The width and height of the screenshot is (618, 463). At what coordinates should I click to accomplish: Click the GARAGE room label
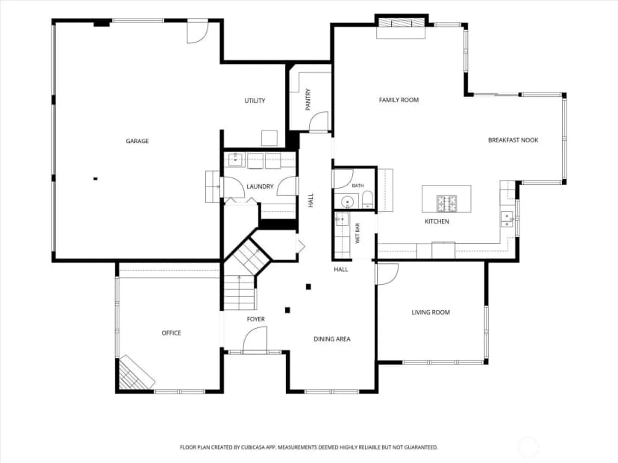click(137, 141)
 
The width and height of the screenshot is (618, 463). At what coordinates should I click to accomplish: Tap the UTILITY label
click(255, 101)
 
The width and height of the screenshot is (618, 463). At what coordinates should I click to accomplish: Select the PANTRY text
click(308, 100)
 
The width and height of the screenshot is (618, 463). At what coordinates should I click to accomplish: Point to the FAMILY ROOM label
click(399, 100)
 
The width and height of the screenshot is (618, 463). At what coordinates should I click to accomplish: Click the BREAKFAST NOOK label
click(514, 140)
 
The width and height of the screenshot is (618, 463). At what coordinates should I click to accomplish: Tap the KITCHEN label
click(437, 221)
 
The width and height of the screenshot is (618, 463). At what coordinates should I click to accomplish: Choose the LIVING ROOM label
click(431, 312)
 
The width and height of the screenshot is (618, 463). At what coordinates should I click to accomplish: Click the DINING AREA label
click(332, 339)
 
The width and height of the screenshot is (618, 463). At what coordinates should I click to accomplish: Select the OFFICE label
click(172, 333)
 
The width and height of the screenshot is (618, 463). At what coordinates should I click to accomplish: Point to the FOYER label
click(256, 319)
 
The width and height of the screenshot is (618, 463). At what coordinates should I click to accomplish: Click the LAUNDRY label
click(260, 186)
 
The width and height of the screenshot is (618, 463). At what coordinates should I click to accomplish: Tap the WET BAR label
click(358, 233)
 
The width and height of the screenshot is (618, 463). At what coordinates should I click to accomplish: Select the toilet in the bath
click(367, 200)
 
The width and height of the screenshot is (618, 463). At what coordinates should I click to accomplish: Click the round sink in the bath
click(347, 201)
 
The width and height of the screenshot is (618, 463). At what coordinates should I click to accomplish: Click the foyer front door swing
click(255, 339)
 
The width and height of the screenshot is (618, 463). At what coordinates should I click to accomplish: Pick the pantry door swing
click(319, 122)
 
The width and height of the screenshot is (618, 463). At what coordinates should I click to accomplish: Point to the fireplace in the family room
click(401, 27)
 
